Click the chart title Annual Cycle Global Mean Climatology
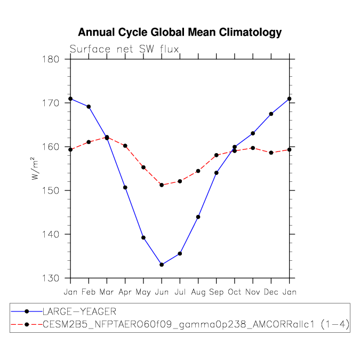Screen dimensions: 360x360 [x=180, y=33]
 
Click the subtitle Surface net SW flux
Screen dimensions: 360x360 [x=124, y=50]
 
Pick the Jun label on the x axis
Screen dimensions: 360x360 [x=162, y=292]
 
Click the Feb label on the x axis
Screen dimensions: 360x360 [x=89, y=292]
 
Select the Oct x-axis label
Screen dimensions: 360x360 [x=235, y=292]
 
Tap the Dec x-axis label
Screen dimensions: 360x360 [x=271, y=292]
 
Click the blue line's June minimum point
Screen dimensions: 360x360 [x=162, y=265]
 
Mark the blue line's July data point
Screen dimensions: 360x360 [x=180, y=253]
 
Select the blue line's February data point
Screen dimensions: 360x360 [x=89, y=107]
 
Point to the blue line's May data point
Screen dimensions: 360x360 [x=143, y=237]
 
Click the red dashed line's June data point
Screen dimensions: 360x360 [x=162, y=185]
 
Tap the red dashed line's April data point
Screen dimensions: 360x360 [x=125, y=146]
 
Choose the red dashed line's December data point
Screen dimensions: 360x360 [x=271, y=153]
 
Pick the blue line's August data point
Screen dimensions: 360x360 [x=198, y=217]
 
